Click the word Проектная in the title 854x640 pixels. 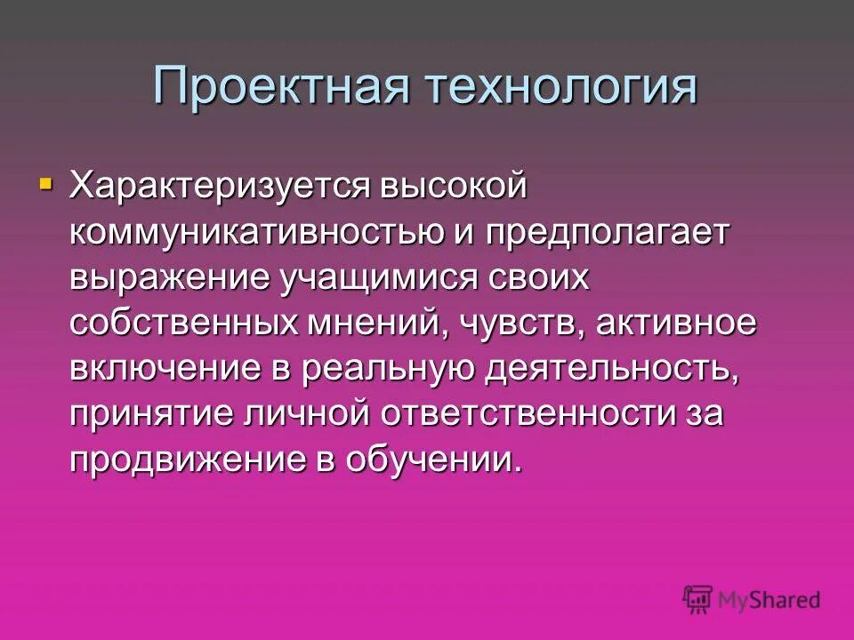[x=280, y=87]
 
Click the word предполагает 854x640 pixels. [x=608, y=232]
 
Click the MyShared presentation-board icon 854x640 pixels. [x=698, y=600]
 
